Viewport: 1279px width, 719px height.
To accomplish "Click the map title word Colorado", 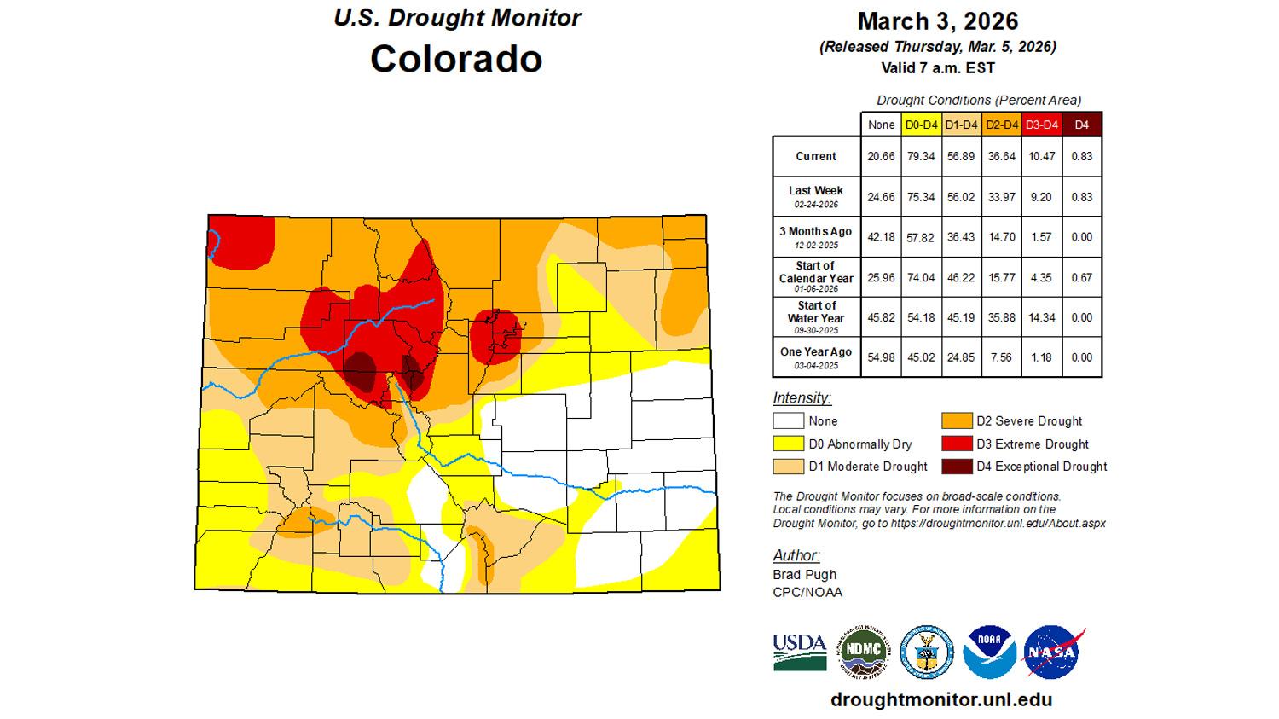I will pyautogui.click(x=456, y=59).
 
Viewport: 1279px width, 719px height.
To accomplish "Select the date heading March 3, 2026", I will pyautogui.click(x=937, y=21).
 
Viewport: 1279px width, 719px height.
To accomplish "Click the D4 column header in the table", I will pyautogui.click(x=1081, y=125).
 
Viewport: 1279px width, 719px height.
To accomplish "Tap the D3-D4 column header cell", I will pyautogui.click(x=1041, y=125).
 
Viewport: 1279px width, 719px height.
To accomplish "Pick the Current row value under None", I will pyautogui.click(x=881, y=156).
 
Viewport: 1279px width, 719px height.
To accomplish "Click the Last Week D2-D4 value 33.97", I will pyautogui.click(x=1001, y=197).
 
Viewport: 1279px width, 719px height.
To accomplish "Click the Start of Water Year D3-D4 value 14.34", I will pyautogui.click(x=1041, y=317).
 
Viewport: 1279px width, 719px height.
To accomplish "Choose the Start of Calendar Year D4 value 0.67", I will pyautogui.click(x=1081, y=277).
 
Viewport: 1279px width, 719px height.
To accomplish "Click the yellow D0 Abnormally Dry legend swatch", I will pyautogui.click(x=788, y=444).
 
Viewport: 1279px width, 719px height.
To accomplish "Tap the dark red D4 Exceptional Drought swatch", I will pyautogui.click(x=957, y=467).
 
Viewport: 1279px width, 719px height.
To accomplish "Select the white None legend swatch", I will pyautogui.click(x=788, y=420).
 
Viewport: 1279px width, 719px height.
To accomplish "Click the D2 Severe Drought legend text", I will pyautogui.click(x=1029, y=420).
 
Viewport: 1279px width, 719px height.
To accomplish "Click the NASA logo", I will pyautogui.click(x=1054, y=652).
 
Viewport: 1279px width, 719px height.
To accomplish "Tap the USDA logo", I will pyautogui.click(x=800, y=652).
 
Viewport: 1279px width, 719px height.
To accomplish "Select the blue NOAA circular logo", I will pyautogui.click(x=989, y=652).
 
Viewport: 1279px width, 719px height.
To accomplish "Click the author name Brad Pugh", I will pyautogui.click(x=805, y=574).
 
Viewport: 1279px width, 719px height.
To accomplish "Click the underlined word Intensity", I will pyautogui.click(x=802, y=397).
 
